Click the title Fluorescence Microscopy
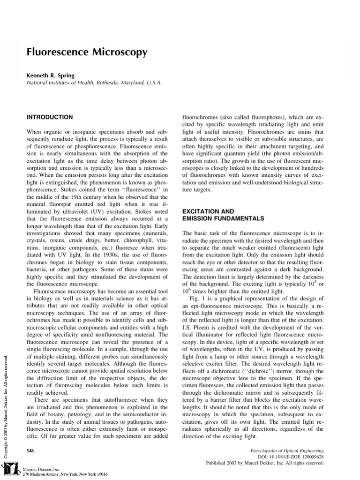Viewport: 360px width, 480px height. click(87, 52)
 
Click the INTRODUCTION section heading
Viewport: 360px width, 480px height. click(49, 117)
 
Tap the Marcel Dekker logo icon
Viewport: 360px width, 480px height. click(9, 470)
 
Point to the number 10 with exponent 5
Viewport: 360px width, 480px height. click(307, 284)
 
